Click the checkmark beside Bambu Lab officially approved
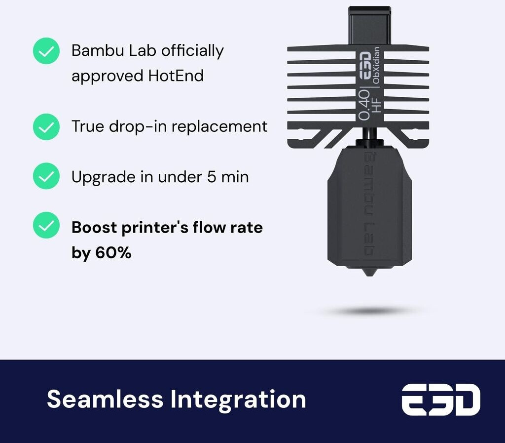point(46,51)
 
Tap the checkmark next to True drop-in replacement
point(46,127)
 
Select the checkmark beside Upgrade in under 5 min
point(46,176)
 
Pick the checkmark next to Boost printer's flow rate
point(46,225)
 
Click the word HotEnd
point(176,76)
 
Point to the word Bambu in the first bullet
point(98,50)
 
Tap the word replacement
point(219,127)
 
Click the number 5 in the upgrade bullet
point(211,177)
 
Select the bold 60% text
point(113,252)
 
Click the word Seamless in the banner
point(105,399)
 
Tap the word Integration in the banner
point(238,400)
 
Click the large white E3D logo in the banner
point(441,400)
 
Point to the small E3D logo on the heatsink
point(365,66)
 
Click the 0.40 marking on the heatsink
point(364,105)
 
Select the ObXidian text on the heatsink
point(376,65)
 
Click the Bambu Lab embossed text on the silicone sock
point(369,204)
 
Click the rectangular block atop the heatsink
point(369,26)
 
